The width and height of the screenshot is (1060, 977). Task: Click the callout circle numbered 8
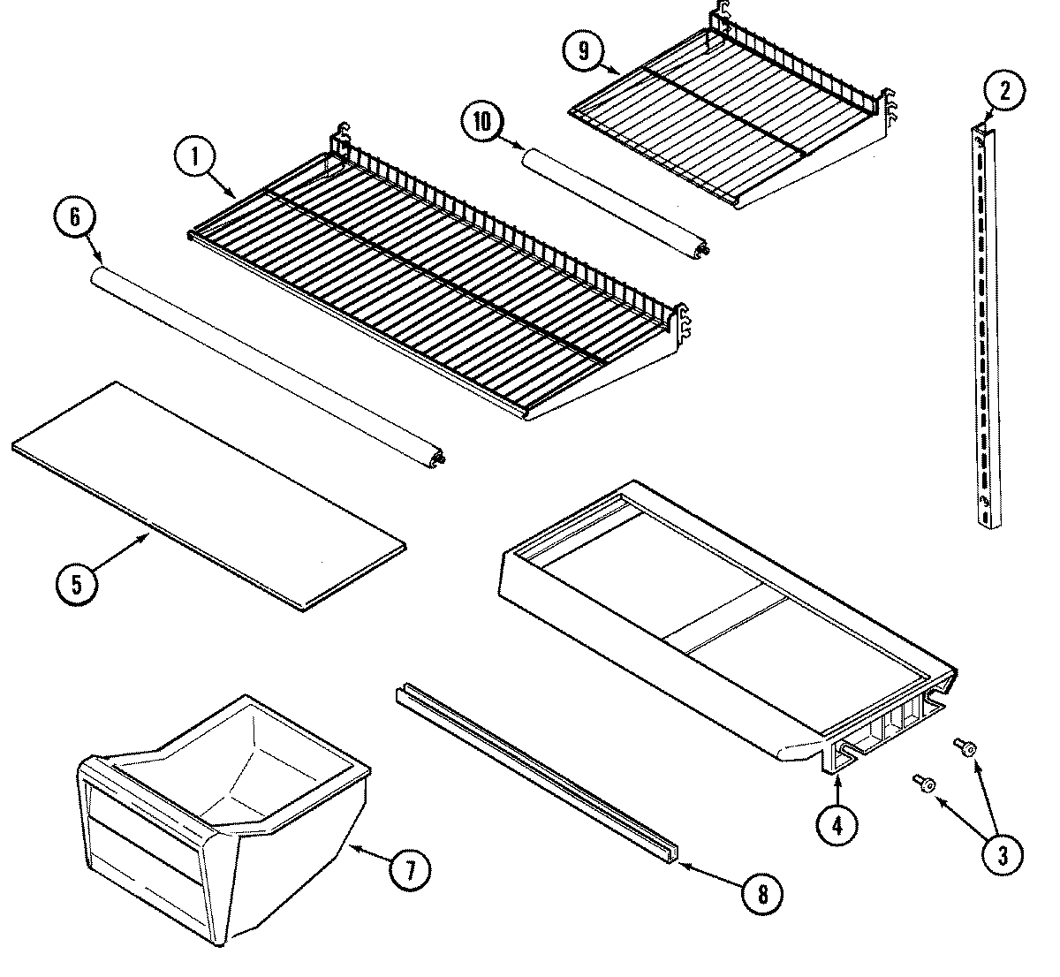click(761, 894)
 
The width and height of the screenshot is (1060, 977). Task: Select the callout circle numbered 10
click(482, 123)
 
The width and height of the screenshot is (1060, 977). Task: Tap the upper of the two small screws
click(965, 747)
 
